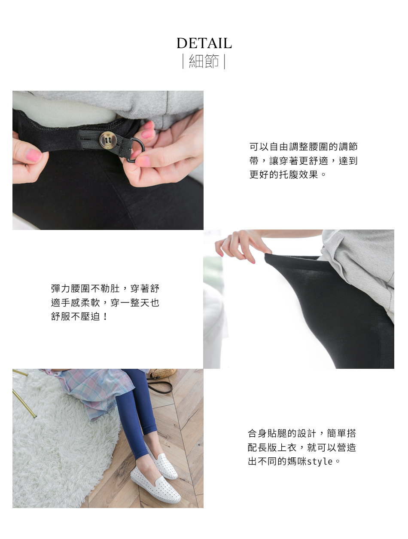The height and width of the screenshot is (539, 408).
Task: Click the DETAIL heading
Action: coord(204,43)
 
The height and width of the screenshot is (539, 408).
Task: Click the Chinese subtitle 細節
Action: coord(204,61)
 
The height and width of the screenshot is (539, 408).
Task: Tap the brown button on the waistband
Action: coord(107,140)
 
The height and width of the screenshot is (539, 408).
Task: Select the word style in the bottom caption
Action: coord(320,462)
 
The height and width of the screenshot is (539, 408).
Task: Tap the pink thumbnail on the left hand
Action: coord(33,155)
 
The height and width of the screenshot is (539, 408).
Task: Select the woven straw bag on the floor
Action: coord(162,374)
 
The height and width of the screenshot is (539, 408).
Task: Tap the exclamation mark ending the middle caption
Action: coord(106,316)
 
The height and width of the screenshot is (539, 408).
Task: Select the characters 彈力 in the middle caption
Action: coord(61,288)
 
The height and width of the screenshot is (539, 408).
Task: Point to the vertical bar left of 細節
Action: coord(183,61)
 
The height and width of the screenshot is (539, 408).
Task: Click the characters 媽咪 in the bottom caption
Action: coord(297,462)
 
